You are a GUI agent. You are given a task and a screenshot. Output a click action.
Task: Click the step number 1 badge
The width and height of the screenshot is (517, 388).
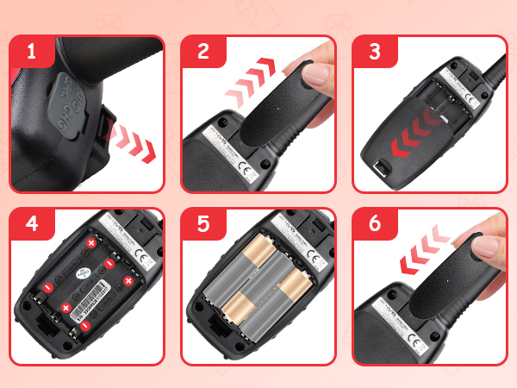click(32, 53)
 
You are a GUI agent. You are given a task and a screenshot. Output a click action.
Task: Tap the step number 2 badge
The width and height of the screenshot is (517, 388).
click(203, 53)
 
